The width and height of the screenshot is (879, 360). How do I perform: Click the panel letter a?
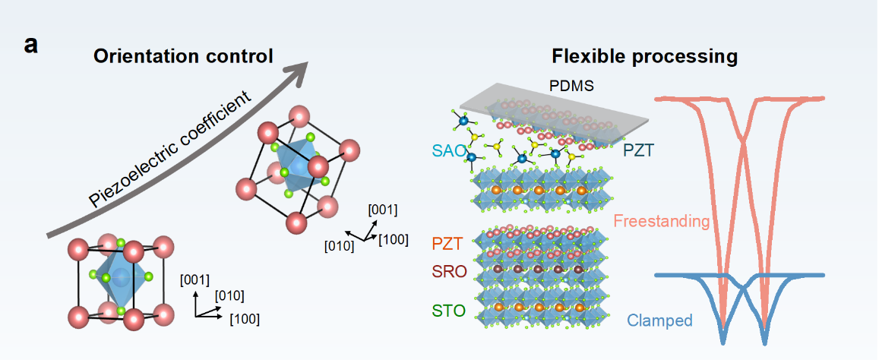[x=31, y=45]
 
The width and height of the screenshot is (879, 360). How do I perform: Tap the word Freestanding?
[x=661, y=222]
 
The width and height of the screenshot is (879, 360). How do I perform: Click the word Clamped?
[x=659, y=321]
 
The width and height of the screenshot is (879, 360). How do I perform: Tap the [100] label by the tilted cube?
[x=394, y=240]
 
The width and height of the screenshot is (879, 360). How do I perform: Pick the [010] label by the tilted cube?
[x=338, y=245]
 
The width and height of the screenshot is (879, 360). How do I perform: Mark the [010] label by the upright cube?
[x=229, y=295]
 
